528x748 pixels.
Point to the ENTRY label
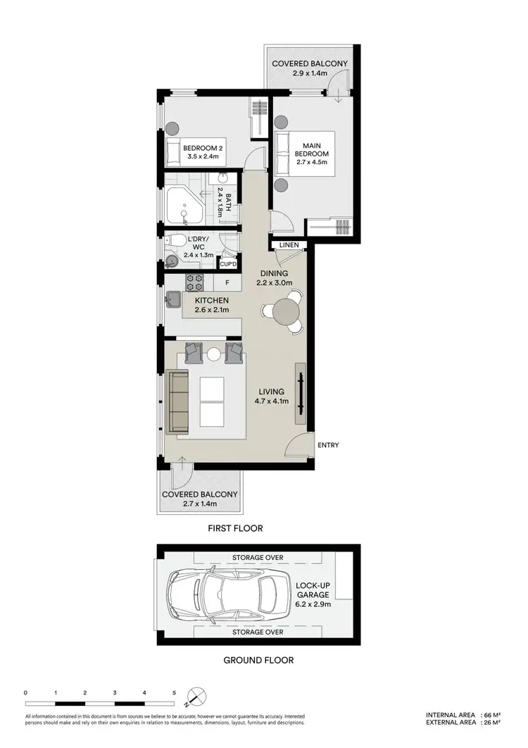328,445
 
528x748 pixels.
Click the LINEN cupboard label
289,245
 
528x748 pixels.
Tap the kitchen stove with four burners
194,282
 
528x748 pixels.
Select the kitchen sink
172,304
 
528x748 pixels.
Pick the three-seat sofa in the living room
178,402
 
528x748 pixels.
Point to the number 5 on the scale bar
174,693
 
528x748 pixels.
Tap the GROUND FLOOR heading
258,660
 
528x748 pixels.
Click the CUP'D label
228,264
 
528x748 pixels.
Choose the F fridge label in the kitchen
227,283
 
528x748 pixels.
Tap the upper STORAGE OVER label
258,558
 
